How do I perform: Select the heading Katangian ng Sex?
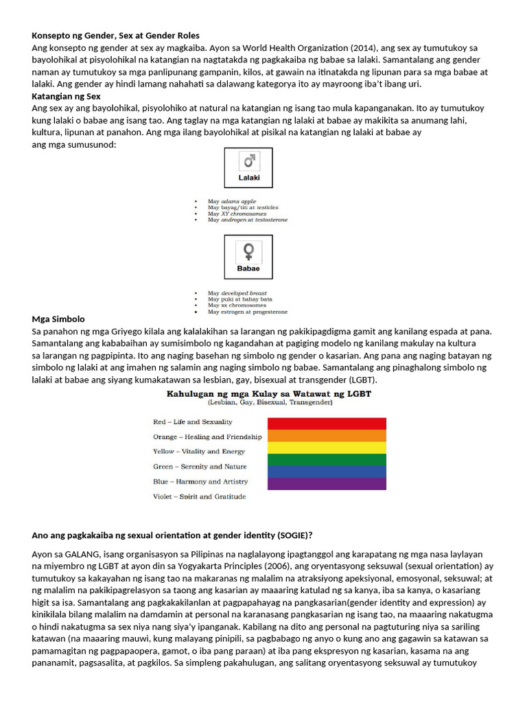(67, 97)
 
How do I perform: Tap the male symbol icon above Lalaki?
(248, 161)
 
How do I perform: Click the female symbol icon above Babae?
(248, 250)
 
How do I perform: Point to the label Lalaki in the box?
(248, 177)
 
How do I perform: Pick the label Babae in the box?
(248, 268)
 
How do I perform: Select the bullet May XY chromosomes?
(237, 214)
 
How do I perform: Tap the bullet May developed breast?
(237, 293)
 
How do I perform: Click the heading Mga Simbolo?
(58, 319)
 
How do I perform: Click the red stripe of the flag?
(327, 423)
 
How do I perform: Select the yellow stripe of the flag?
(327, 448)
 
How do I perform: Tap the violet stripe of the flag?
(327, 484)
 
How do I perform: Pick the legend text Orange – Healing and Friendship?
(207, 437)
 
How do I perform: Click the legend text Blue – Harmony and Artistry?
(200, 482)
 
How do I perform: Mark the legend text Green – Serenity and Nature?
(200, 467)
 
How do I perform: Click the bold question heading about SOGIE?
(176, 535)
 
